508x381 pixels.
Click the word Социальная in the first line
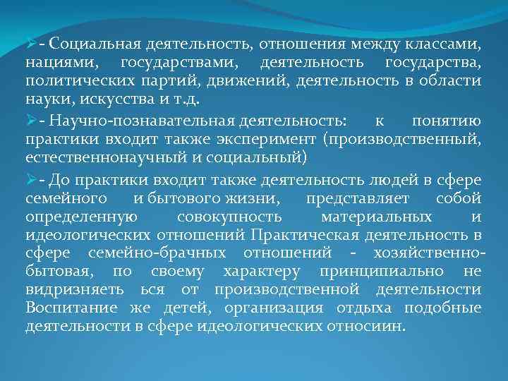point(94,46)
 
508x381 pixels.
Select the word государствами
point(178,64)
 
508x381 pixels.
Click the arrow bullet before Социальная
point(31,45)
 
